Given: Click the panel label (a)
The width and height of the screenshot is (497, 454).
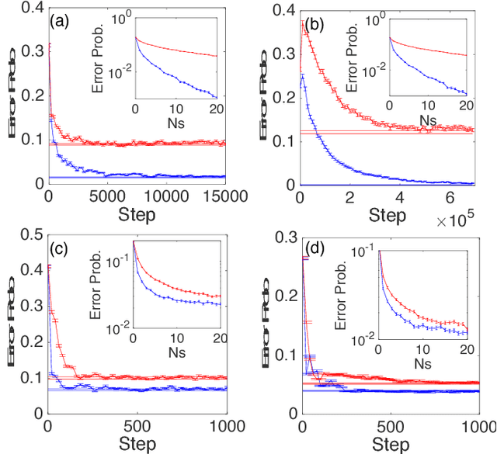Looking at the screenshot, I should pos(60,23).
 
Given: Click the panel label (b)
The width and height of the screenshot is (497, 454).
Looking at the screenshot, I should pos(314,23).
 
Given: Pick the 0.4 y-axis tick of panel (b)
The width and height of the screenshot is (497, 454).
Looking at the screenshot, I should pos(284,8).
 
